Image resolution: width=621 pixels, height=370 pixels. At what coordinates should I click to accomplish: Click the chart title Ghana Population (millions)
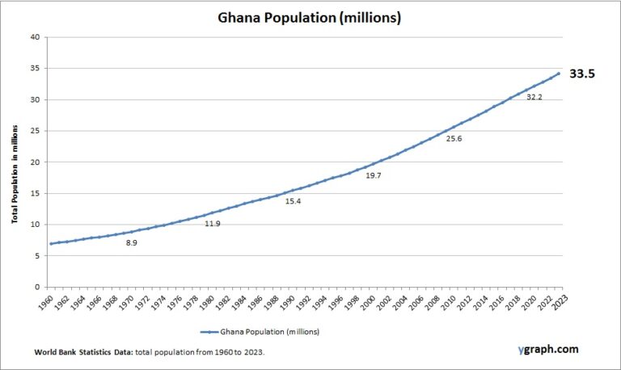[x=310, y=17]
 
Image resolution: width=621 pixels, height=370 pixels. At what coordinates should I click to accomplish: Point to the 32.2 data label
[x=534, y=97]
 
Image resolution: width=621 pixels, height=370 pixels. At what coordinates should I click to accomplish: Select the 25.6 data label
[x=454, y=138]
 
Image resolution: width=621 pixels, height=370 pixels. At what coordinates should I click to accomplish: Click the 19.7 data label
[x=373, y=174]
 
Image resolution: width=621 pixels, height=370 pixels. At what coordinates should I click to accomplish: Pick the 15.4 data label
[x=293, y=201]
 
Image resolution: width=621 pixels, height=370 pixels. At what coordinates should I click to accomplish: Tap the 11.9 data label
[x=212, y=223]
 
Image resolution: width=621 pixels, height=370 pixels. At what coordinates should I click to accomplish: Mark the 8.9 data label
[x=131, y=242]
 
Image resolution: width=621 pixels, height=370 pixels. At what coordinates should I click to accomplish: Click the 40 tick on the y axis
[x=34, y=37]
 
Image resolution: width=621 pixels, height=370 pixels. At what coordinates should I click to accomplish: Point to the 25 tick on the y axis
[x=34, y=131]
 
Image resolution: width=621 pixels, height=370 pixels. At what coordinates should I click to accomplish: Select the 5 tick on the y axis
[x=36, y=255]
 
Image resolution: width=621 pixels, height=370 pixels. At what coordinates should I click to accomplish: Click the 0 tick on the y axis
[x=36, y=287]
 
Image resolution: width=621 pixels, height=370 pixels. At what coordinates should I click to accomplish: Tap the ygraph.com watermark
[x=547, y=350]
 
